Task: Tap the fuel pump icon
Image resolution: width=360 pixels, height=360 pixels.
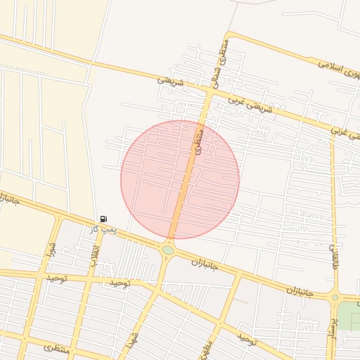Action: click(104, 219)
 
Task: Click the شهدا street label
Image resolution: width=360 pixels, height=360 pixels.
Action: click(131, 339)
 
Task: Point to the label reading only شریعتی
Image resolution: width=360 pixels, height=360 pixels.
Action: click(169, 82)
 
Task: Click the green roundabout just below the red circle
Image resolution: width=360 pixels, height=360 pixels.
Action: click(168, 250)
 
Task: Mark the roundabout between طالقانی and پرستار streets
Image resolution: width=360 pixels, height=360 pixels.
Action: click(334, 296)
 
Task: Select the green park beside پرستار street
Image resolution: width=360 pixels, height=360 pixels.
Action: click(349, 316)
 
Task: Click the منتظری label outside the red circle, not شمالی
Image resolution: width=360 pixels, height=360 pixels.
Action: click(56, 347)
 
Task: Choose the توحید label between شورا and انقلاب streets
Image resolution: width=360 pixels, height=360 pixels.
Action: click(56, 278)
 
